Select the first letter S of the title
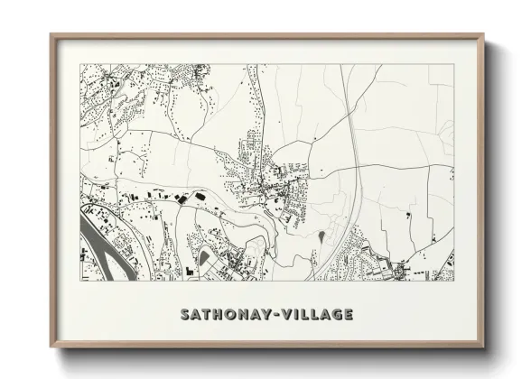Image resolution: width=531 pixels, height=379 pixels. click(x=185, y=315)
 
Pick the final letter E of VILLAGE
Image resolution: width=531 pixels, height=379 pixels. click(x=349, y=315)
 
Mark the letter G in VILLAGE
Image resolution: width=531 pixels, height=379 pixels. click(x=336, y=315)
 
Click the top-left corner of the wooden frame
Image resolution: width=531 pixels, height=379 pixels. click(x=51, y=35)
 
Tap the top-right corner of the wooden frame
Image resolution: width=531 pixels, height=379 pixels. click(x=485, y=35)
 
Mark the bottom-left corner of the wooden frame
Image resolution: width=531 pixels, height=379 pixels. click(x=51, y=347)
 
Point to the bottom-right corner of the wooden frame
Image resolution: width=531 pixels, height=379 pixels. click(x=485, y=347)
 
